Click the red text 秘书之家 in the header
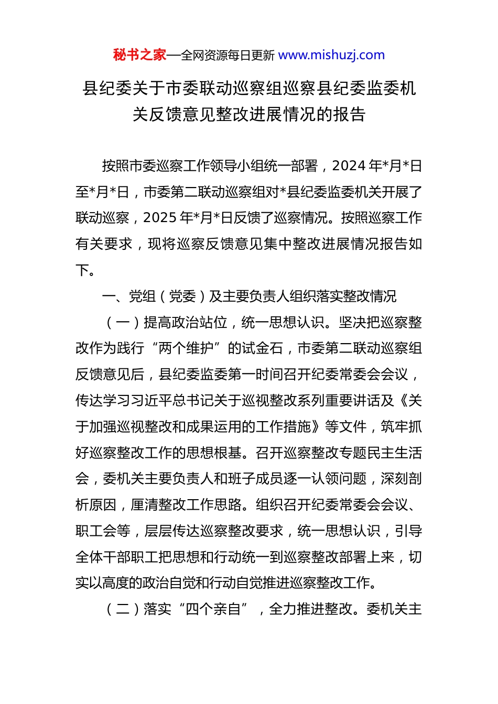point(139,55)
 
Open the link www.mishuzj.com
point(331,55)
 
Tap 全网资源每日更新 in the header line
point(228,56)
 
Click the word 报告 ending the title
point(349,114)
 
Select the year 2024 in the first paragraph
point(349,166)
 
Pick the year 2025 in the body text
point(160,218)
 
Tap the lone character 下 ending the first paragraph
point(82,270)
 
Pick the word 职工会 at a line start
point(103,531)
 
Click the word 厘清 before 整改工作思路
point(144,505)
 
